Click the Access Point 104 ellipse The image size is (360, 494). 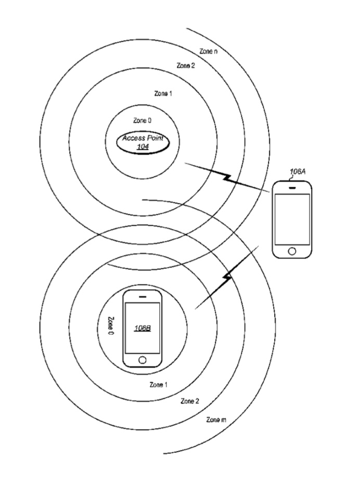[143, 142]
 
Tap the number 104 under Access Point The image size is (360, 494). [142, 147]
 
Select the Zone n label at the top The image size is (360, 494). [209, 51]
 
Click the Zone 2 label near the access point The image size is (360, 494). [186, 66]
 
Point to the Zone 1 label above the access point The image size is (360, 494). [163, 94]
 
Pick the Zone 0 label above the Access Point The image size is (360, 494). [143, 121]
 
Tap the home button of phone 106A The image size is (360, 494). [292, 251]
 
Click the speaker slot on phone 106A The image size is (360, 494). [292, 187]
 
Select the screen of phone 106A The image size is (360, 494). [292, 219]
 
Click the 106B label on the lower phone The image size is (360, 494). [142, 328]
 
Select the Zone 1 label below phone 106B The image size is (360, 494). [159, 385]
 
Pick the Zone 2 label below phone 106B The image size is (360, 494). [189, 401]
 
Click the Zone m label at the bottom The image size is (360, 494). [216, 419]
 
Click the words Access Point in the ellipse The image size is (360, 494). [143, 138]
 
